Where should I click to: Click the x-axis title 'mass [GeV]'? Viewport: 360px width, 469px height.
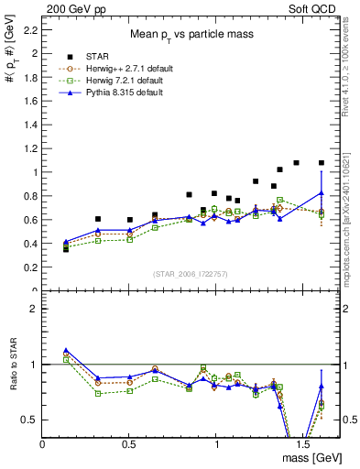(x=311, y=456)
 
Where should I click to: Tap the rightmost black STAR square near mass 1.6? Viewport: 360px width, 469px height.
(x=321, y=163)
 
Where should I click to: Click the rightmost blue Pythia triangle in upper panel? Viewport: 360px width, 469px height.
(x=321, y=192)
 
